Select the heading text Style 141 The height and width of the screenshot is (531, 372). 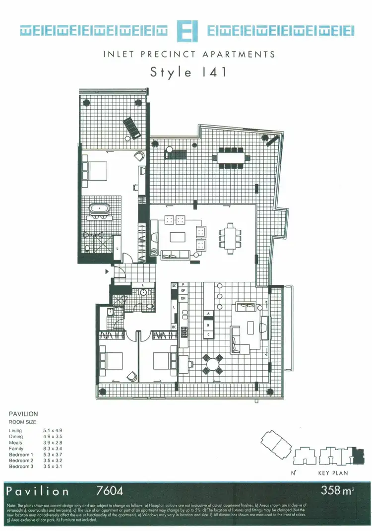pos(188,72)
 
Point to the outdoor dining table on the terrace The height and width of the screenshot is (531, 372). pos(232,157)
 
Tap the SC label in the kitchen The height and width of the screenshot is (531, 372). pos(174,286)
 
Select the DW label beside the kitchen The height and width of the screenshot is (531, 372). pos(183,298)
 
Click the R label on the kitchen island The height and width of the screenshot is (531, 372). pos(208,325)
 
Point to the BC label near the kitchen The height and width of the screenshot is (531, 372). pos(174,327)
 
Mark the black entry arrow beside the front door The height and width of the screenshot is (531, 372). pos(106,271)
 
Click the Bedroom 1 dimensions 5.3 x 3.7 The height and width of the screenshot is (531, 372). pos(53,455)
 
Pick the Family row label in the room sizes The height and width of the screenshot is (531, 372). pos(16,449)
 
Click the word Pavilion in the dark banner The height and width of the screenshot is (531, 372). pos(38,491)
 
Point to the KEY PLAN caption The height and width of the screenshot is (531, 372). pos(333,473)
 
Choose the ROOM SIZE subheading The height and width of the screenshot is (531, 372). pos(23,422)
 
